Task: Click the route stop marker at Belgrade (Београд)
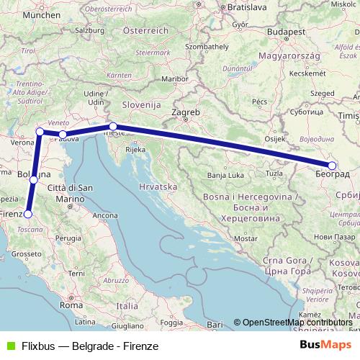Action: tap(332, 165)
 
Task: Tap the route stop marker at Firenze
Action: tap(28, 213)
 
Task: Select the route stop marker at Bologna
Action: tap(33, 180)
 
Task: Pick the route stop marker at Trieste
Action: tap(113, 126)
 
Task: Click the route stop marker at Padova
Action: tap(63, 134)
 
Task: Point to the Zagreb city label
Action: tap(185, 113)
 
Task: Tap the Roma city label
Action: tap(71, 305)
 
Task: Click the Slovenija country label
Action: tap(140, 104)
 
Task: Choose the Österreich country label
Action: tap(145, 30)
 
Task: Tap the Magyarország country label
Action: tap(298, 55)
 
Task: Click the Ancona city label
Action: tap(106, 215)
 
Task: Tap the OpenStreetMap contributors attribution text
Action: tap(296, 323)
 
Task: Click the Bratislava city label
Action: tap(246, 7)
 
